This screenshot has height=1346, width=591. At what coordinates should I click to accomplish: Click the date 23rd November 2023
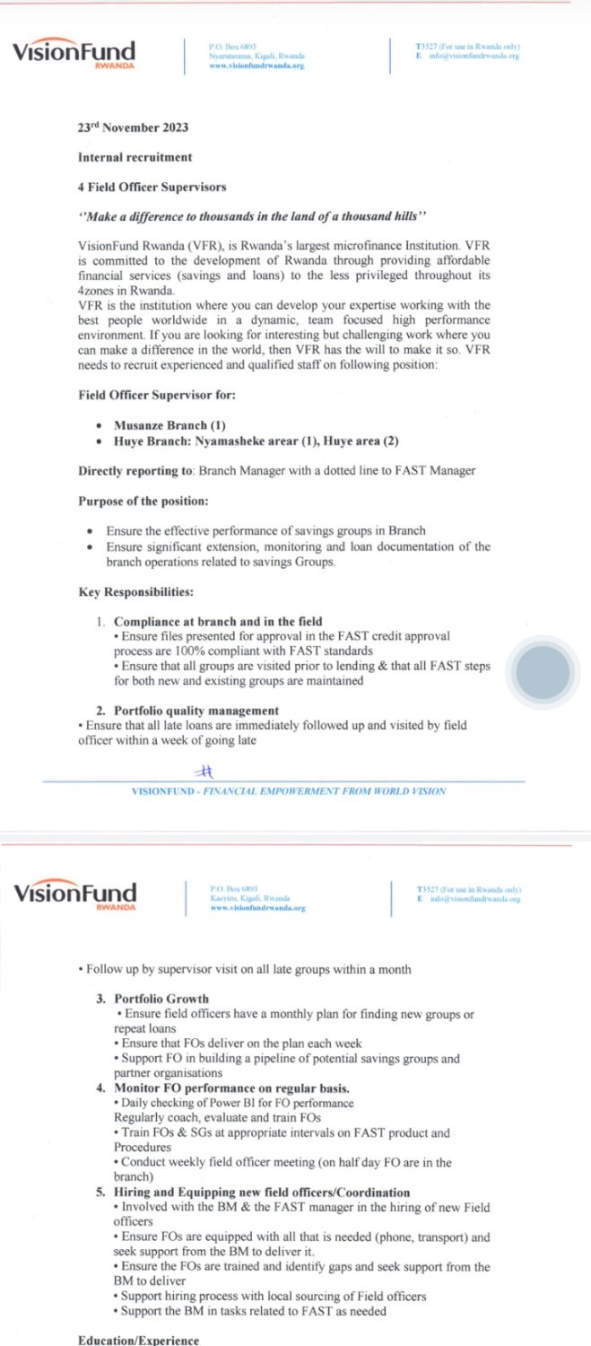(x=133, y=127)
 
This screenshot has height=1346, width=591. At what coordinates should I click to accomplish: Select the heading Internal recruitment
(x=135, y=157)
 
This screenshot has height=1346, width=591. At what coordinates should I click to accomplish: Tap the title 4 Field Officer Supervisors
(x=152, y=187)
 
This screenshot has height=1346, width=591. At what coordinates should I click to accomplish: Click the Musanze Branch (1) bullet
(x=169, y=424)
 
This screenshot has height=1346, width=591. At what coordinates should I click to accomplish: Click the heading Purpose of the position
(x=143, y=500)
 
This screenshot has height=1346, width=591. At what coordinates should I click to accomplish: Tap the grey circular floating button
(x=543, y=671)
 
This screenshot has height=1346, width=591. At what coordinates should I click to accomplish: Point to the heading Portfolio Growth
(x=161, y=999)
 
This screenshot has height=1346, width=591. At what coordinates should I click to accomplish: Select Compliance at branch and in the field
(x=218, y=621)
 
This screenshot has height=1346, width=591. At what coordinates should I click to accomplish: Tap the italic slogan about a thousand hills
(x=248, y=216)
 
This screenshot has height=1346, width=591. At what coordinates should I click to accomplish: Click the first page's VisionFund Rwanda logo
(x=74, y=53)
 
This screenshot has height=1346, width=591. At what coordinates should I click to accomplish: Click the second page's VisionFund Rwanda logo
(x=74, y=894)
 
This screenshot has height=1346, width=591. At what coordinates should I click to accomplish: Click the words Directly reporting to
(x=135, y=470)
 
